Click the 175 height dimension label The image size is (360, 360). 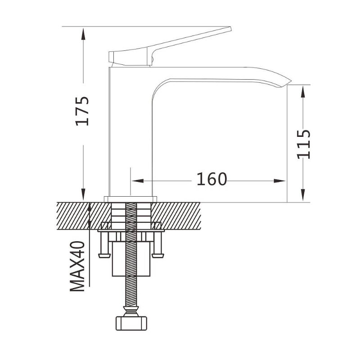pyautogui.click(x=82, y=111)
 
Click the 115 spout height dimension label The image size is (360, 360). pyautogui.click(x=303, y=144)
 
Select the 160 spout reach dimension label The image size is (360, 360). pyautogui.click(x=211, y=179)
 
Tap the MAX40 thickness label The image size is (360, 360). pyautogui.click(x=77, y=266)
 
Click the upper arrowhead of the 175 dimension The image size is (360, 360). pyautogui.click(x=83, y=33)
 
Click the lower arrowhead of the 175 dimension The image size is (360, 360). pyautogui.click(x=83, y=194)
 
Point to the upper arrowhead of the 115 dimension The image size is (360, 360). pyautogui.click(x=303, y=91)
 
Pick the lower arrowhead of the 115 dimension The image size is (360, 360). pyautogui.click(x=303, y=195)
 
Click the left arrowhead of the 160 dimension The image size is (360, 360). pyautogui.click(x=138, y=181)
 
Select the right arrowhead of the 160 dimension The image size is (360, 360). pyautogui.click(x=279, y=181)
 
